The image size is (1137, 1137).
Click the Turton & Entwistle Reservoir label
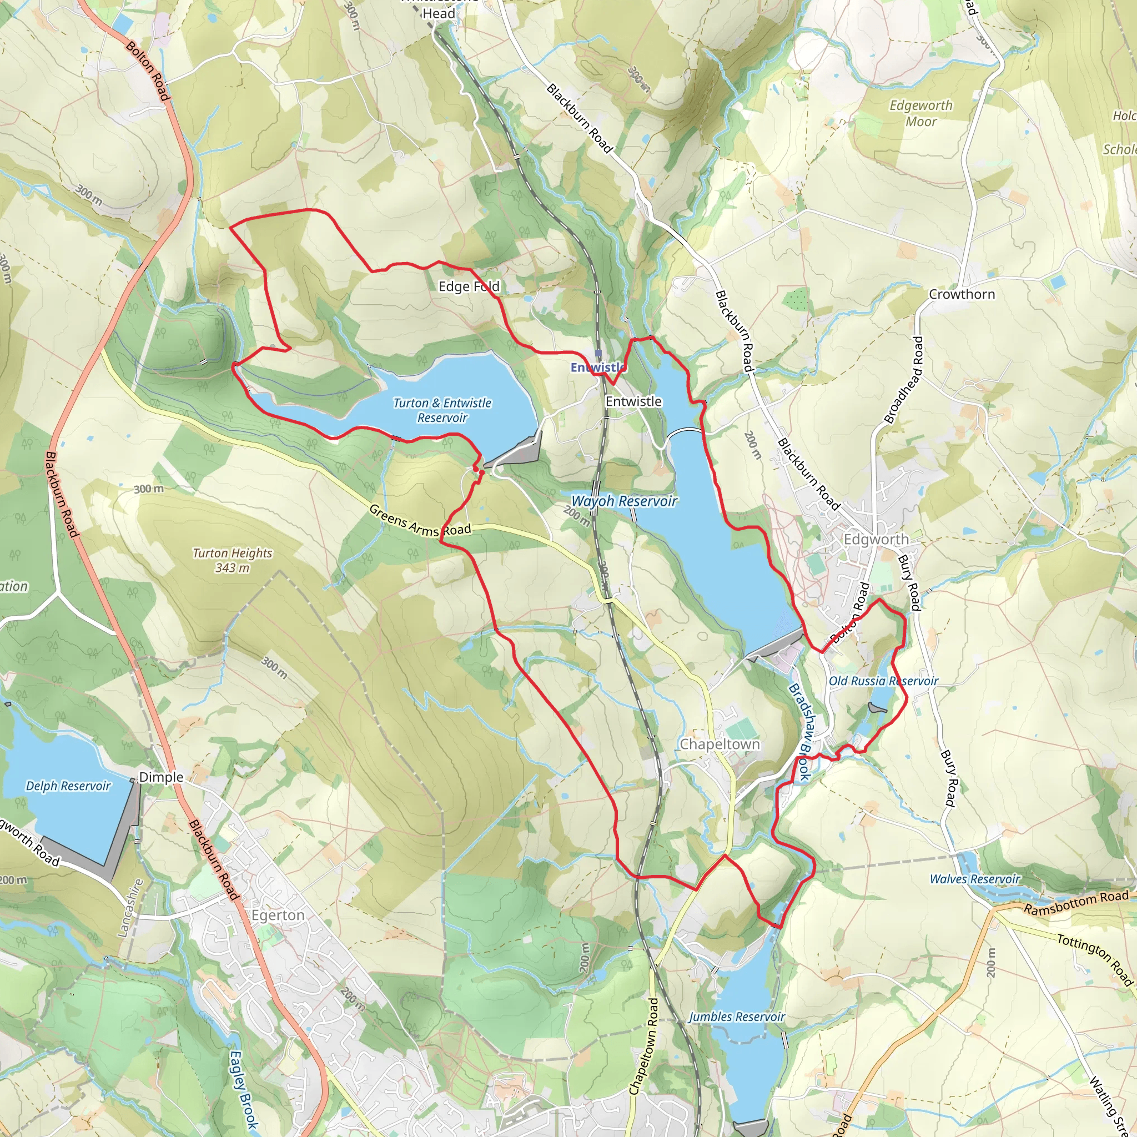[442, 410]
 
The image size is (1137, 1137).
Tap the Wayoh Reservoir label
[624, 501]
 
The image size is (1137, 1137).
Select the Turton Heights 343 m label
[233, 560]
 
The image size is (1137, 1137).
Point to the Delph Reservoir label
[68, 786]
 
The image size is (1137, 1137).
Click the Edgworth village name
[876, 539]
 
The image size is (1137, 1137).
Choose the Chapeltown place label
[719, 744]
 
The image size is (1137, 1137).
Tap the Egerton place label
[278, 915]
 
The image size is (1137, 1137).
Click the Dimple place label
[161, 777]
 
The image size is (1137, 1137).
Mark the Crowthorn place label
[962, 294]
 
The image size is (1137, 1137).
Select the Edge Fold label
[469, 286]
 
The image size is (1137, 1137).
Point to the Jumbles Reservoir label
[736, 1017]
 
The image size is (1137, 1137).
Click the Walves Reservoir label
[974, 879]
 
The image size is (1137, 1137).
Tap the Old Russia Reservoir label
[883, 681]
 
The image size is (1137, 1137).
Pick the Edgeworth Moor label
[921, 113]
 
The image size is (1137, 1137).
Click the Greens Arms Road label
[420, 521]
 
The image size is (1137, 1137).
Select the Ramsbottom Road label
[1076, 902]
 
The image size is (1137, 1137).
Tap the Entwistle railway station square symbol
[598, 353]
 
